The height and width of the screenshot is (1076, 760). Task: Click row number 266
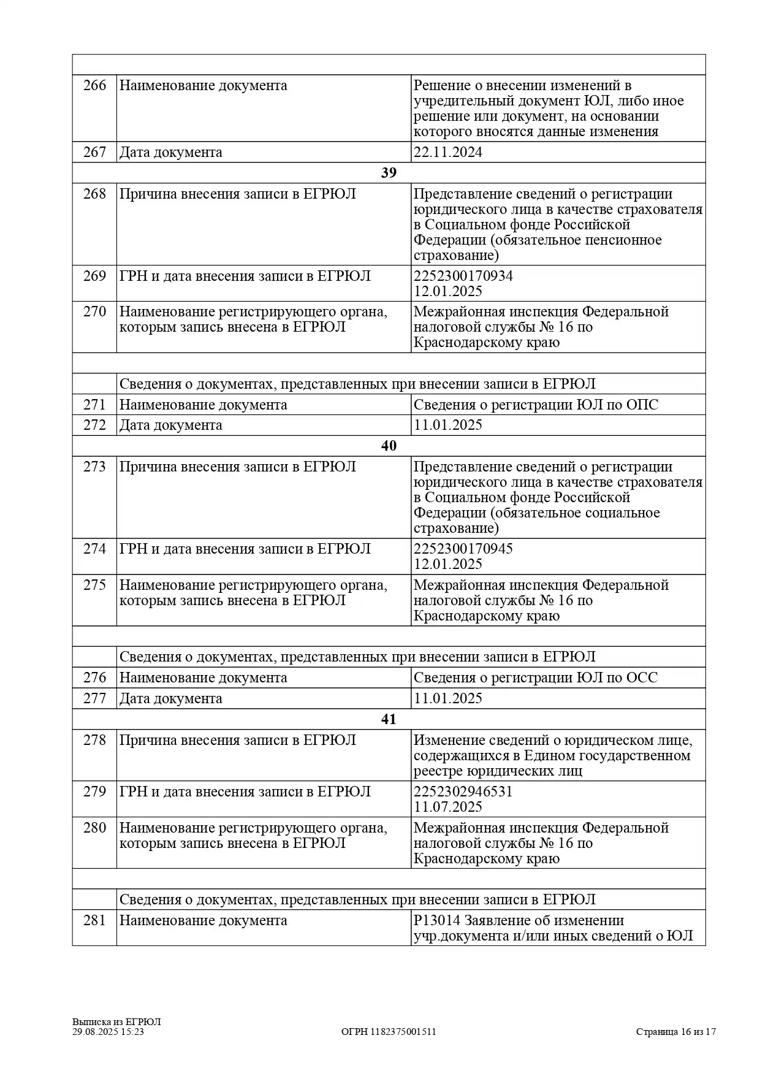[94, 86]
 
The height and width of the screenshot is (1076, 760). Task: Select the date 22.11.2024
[447, 153]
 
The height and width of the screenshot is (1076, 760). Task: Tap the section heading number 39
[389, 173]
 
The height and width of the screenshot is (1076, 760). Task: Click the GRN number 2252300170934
[463, 276]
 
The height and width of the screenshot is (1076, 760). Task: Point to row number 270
[94, 312]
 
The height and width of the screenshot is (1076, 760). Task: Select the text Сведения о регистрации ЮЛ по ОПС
[535, 405]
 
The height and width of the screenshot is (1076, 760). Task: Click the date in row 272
[447, 425]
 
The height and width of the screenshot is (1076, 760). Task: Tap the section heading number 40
[389, 446]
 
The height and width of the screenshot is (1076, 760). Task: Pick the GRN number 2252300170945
[463, 549]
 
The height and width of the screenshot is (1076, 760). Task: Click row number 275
[94, 586]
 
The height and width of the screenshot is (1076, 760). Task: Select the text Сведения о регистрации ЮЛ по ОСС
[535, 678]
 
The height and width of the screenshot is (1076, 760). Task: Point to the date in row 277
[447, 699]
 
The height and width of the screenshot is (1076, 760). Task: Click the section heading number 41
[389, 719]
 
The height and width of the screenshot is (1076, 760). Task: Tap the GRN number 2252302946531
[463, 792]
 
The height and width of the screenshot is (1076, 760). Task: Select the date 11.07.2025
[447, 807]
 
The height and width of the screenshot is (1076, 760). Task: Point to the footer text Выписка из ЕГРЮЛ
[116, 1022]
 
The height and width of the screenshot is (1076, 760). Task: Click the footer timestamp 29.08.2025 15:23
[108, 1032]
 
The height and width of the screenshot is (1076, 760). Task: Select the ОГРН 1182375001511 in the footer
[389, 1032]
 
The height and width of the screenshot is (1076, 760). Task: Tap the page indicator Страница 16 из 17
[675, 1032]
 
